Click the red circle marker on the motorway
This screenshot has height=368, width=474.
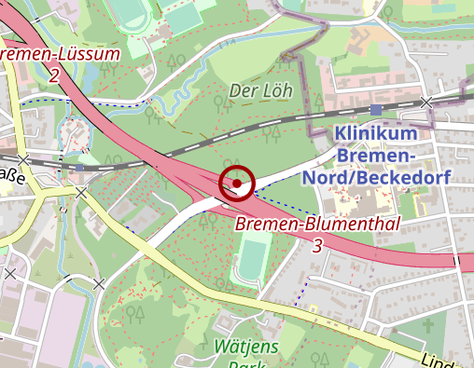point(237,184)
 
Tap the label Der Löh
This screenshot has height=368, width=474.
point(261,91)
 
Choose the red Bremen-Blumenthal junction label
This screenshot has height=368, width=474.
point(317,225)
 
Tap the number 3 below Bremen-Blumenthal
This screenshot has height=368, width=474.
point(317,246)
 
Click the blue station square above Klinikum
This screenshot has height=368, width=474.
point(375,110)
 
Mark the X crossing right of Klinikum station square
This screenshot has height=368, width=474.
point(426,101)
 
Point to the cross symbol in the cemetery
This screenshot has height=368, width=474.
point(428,327)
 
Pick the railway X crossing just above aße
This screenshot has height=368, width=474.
point(23,159)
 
